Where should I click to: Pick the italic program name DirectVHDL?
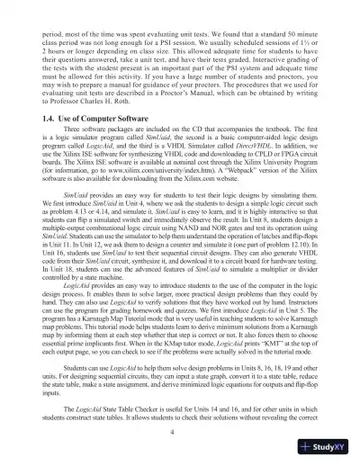(x=282, y=149)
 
